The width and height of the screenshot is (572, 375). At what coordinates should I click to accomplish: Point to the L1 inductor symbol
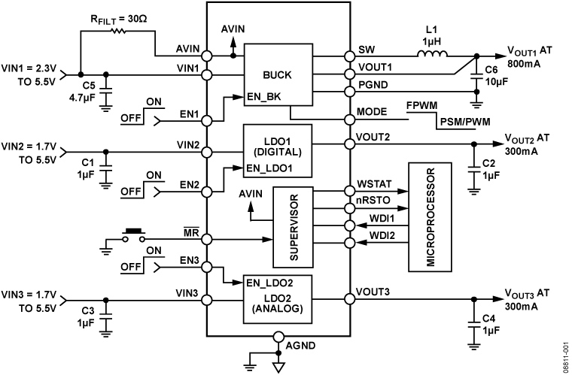[432, 54]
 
